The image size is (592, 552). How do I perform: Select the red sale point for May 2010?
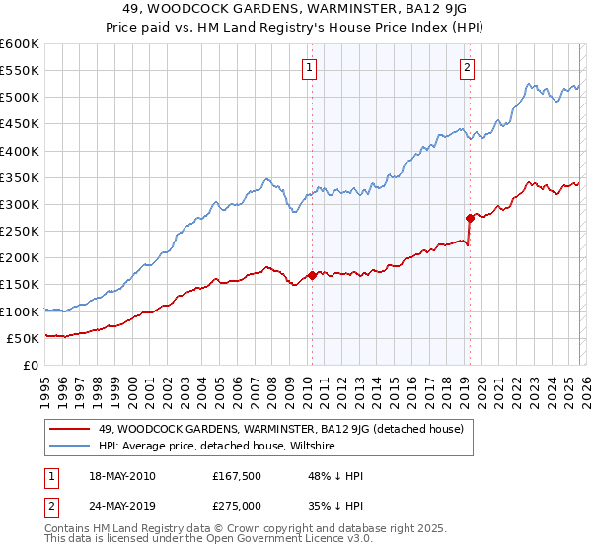point(312,275)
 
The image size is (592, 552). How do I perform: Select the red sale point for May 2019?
point(470,217)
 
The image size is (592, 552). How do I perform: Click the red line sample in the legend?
point(70,429)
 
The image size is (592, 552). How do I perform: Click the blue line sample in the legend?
point(70,446)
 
